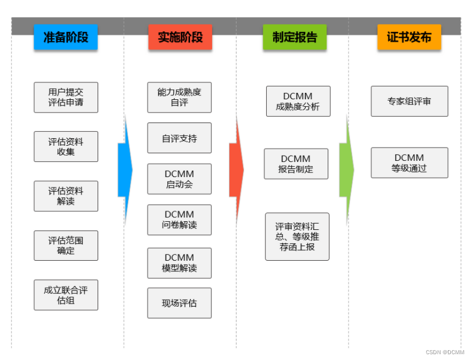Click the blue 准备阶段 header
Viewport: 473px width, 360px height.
(66, 38)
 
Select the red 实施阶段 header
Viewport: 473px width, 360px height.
(180, 38)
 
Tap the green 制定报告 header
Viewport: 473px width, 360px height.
(295, 38)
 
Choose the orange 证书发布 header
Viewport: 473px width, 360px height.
(409, 38)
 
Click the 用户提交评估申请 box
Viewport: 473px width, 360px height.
(66, 97)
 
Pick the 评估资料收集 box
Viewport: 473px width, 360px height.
(66, 146)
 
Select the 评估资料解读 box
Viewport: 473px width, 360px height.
(66, 196)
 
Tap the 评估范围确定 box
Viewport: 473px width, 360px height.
(66, 246)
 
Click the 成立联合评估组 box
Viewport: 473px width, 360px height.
(66, 295)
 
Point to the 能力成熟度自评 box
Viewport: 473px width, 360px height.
(179, 97)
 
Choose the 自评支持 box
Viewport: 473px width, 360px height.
(179, 138)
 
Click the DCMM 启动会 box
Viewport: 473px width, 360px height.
(179, 179)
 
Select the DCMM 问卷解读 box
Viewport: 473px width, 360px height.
(179, 219)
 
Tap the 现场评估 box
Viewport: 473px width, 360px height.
(179, 303)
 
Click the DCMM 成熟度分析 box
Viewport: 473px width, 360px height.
(298, 101)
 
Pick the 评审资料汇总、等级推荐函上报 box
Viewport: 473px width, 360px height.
(297, 236)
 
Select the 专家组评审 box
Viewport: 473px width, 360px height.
(409, 101)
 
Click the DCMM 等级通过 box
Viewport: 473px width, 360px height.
(409, 163)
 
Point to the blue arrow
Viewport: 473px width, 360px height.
(125, 170)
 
